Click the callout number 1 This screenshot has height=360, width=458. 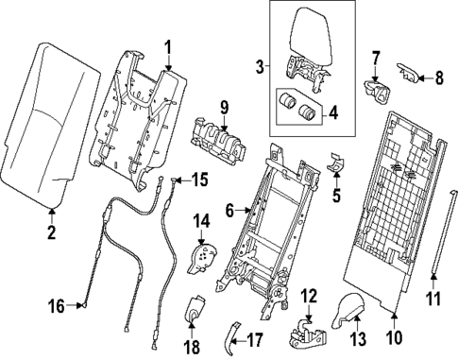[167, 46]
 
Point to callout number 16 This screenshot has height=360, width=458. [55, 305]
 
